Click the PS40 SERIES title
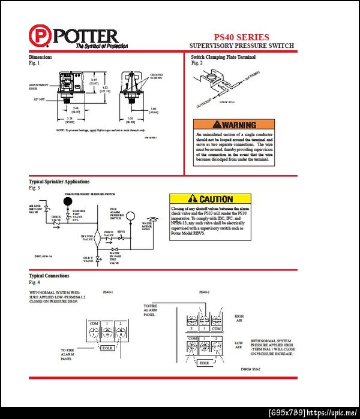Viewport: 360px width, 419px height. pos(241,37)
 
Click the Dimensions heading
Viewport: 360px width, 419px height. pos(41,57)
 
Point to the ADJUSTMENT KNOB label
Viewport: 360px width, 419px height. pos(38,87)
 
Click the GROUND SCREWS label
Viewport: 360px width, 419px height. pos(156,76)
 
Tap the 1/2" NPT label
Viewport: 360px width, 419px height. pos(40,98)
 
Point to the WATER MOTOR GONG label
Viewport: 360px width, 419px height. pos(147,227)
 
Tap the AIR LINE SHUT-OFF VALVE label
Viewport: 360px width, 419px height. pos(35,209)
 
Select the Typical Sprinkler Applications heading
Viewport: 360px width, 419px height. pos(59,181)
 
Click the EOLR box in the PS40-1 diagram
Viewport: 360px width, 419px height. pos(107,348)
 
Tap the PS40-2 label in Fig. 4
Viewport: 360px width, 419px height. pos(205,292)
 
